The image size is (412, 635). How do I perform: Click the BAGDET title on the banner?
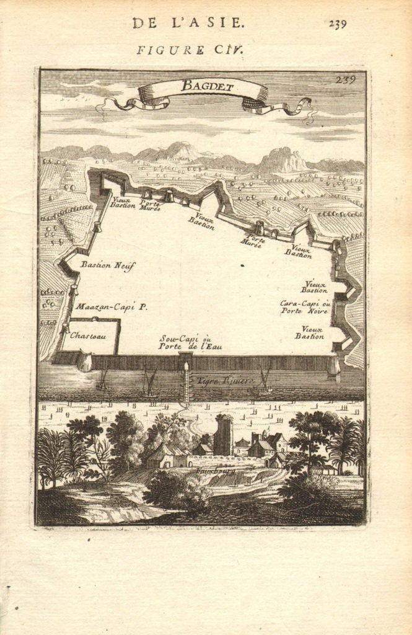pos(208,86)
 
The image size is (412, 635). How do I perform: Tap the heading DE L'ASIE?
pos(188,24)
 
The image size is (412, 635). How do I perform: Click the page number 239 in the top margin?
pos(338,24)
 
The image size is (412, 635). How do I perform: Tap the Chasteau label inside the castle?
pos(88,335)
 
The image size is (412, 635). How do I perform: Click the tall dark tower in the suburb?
pos(222,435)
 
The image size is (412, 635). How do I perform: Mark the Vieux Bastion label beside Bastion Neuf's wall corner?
pos(123,202)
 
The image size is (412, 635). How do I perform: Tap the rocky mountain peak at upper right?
pos(282,159)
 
